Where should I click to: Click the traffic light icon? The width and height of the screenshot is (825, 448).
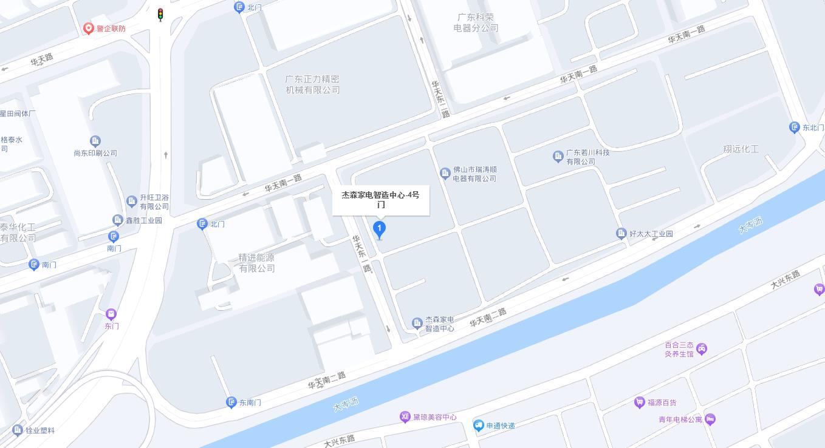click(160, 15)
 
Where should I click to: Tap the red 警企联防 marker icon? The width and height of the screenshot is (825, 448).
click(89, 29)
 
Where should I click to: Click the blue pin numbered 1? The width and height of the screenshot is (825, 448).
click(379, 229)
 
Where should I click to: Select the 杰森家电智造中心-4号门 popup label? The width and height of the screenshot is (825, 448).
click(380, 200)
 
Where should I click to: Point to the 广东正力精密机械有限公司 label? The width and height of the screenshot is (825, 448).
click(313, 84)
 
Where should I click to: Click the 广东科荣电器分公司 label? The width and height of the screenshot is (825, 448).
click(476, 22)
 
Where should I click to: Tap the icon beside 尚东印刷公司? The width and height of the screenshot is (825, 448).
click(95, 141)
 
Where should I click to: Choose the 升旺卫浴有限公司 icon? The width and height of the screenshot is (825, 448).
click(131, 201)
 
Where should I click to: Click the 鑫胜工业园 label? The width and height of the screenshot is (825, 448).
click(143, 220)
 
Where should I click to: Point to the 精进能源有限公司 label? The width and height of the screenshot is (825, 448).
click(257, 263)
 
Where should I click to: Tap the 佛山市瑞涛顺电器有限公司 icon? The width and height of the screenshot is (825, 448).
click(445, 174)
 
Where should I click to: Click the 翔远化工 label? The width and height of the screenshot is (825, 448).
click(741, 149)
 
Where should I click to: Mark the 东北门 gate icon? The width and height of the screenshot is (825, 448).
click(794, 127)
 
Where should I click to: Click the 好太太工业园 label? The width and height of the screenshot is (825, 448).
click(651, 234)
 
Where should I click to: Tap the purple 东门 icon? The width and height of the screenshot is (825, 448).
click(111, 314)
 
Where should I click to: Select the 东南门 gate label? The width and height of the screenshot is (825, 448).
click(250, 402)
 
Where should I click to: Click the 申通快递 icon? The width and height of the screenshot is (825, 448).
click(479, 426)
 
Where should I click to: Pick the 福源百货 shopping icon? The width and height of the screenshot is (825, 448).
click(639, 402)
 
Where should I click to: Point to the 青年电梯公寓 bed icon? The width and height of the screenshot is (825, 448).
click(710, 419)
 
